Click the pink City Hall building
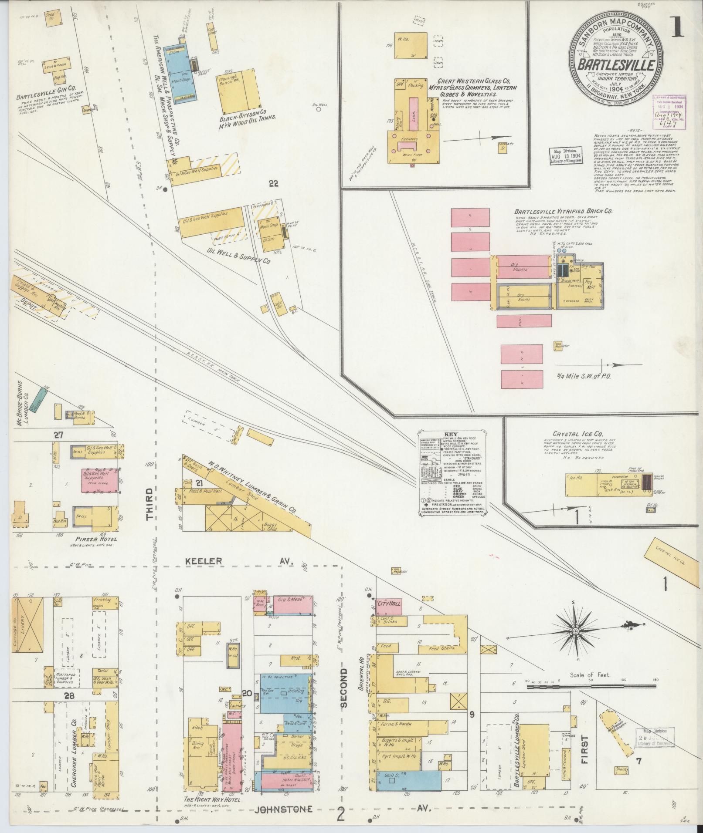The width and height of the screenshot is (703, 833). pyautogui.click(x=389, y=604)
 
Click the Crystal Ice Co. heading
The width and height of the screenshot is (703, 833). pyautogui.click(x=578, y=434)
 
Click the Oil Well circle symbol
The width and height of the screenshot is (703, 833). pyautogui.click(x=319, y=110)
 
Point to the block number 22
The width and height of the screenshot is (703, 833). pyautogui.click(x=273, y=184)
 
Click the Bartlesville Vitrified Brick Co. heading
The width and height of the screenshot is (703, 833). pyautogui.click(x=563, y=211)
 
